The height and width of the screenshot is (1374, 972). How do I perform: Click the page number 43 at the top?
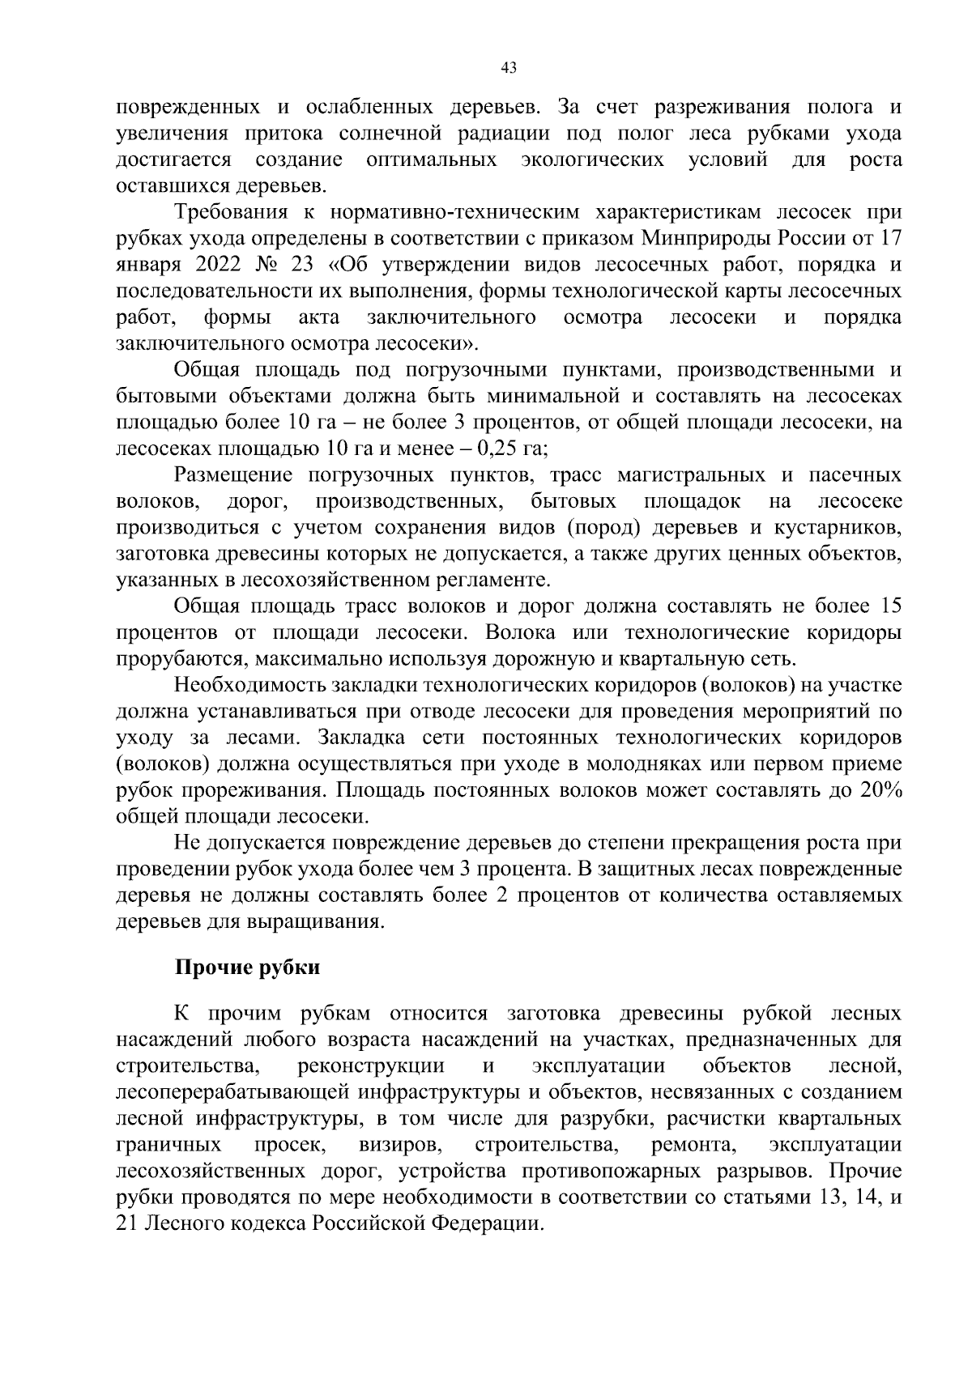coord(509,68)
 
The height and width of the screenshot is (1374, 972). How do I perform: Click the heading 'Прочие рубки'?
coord(248,967)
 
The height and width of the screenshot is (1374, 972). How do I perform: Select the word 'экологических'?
coord(592,160)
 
